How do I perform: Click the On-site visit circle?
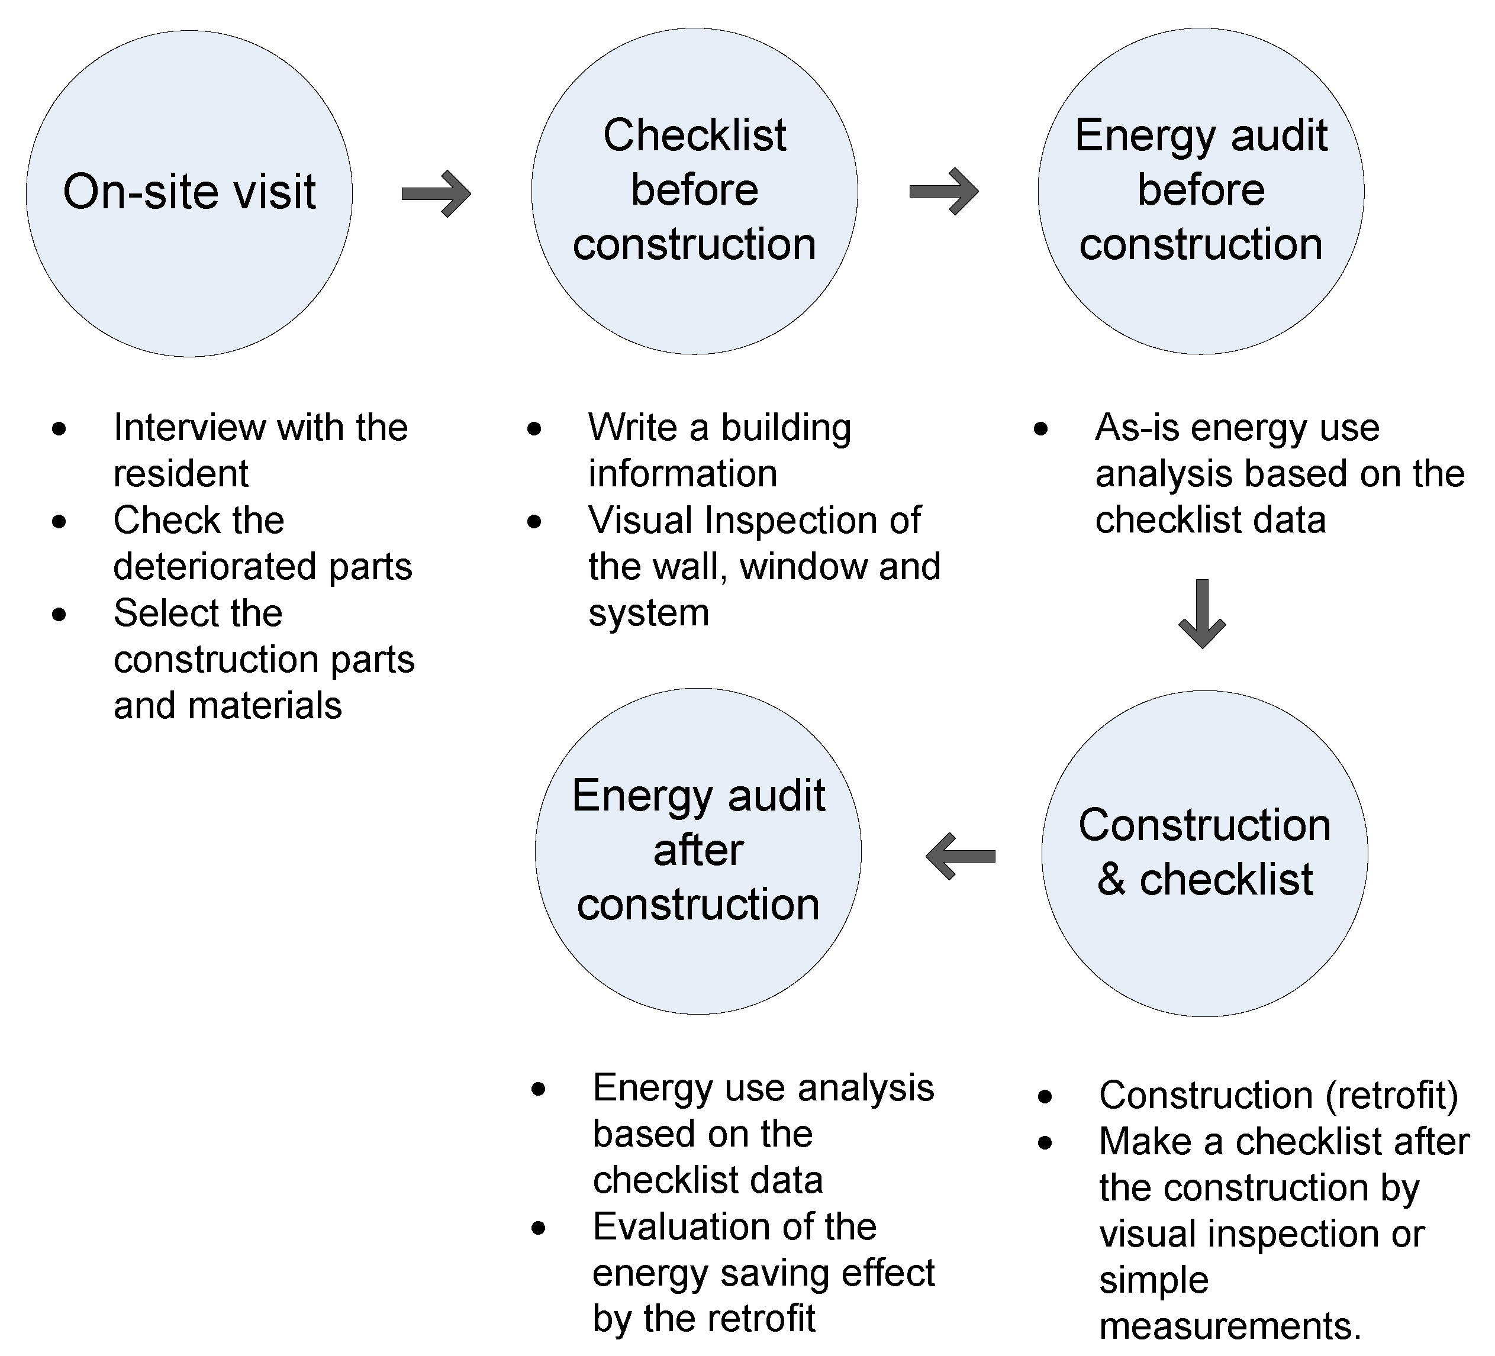[x=189, y=193]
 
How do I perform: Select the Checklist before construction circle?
[x=695, y=191]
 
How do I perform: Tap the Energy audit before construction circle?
[x=1201, y=191]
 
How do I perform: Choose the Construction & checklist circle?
[x=1204, y=853]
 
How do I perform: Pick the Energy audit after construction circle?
[x=698, y=850]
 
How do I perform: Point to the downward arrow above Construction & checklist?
[x=1202, y=613]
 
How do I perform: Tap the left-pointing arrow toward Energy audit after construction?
[x=961, y=856]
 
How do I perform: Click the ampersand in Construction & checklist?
[x=1111, y=880]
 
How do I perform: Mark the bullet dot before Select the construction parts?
[x=59, y=614]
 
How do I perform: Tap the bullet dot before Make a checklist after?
[x=1045, y=1142]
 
